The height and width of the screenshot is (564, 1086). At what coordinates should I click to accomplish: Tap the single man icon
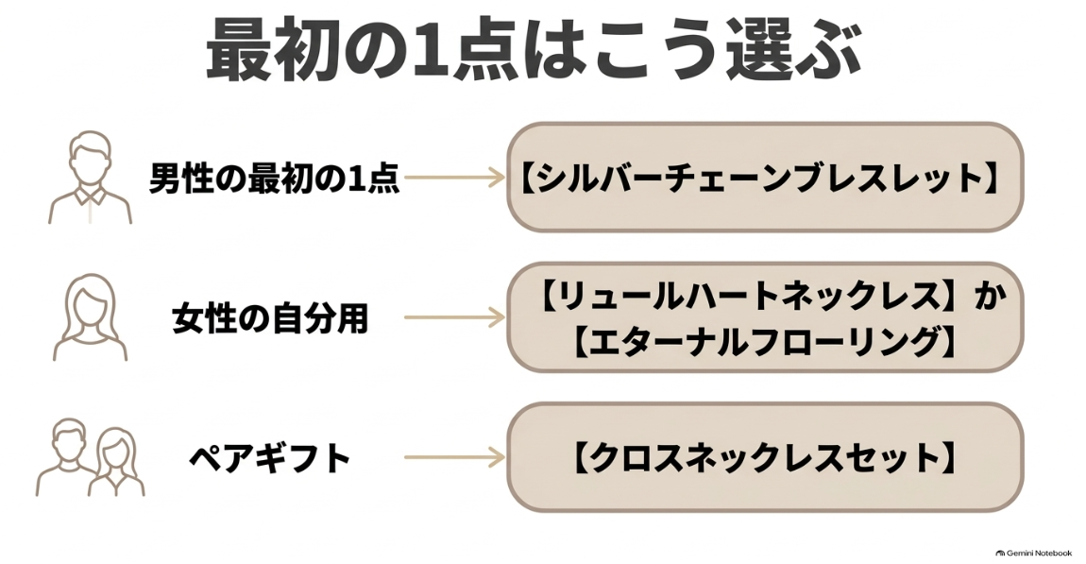(90, 178)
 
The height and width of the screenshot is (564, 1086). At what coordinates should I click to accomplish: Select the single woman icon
(90, 317)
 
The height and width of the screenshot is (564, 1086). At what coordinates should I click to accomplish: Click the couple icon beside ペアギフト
(90, 457)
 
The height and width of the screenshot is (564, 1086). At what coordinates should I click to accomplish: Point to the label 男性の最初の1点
(274, 178)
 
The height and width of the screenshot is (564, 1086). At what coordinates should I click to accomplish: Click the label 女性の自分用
(269, 318)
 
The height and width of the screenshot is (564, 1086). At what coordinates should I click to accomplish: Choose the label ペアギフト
(270, 458)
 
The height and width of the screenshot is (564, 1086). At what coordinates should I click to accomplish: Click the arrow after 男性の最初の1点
(454, 178)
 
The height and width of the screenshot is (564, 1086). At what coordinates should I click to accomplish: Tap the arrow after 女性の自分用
(454, 317)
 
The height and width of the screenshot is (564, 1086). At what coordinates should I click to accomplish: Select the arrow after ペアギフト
(454, 457)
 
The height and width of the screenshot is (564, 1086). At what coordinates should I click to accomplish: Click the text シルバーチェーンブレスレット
(759, 178)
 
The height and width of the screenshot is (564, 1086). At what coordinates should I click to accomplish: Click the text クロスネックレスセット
(765, 458)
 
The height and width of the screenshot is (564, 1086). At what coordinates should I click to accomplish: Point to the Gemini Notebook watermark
(1033, 553)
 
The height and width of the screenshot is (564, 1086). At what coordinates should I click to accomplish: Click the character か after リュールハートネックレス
(990, 296)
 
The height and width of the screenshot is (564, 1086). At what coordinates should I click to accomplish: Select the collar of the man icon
(90, 197)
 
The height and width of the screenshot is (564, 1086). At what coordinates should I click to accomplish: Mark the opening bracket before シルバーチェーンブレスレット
(526, 178)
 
